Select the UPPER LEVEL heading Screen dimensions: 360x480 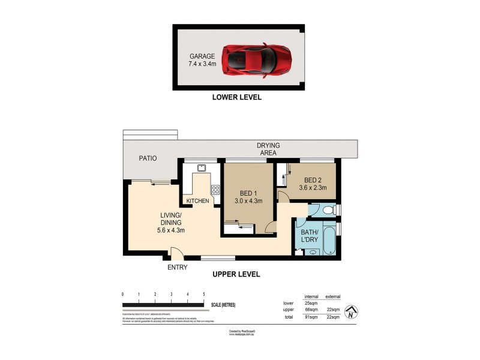click(236, 274)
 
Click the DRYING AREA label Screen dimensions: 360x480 click(268, 149)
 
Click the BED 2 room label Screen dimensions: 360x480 click(313, 180)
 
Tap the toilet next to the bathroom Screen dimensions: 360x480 click(328, 210)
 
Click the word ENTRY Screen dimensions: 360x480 click(178, 268)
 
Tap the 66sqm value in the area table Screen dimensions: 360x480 click(311, 310)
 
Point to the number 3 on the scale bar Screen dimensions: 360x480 click(171, 294)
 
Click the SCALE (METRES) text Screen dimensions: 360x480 click(223, 305)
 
